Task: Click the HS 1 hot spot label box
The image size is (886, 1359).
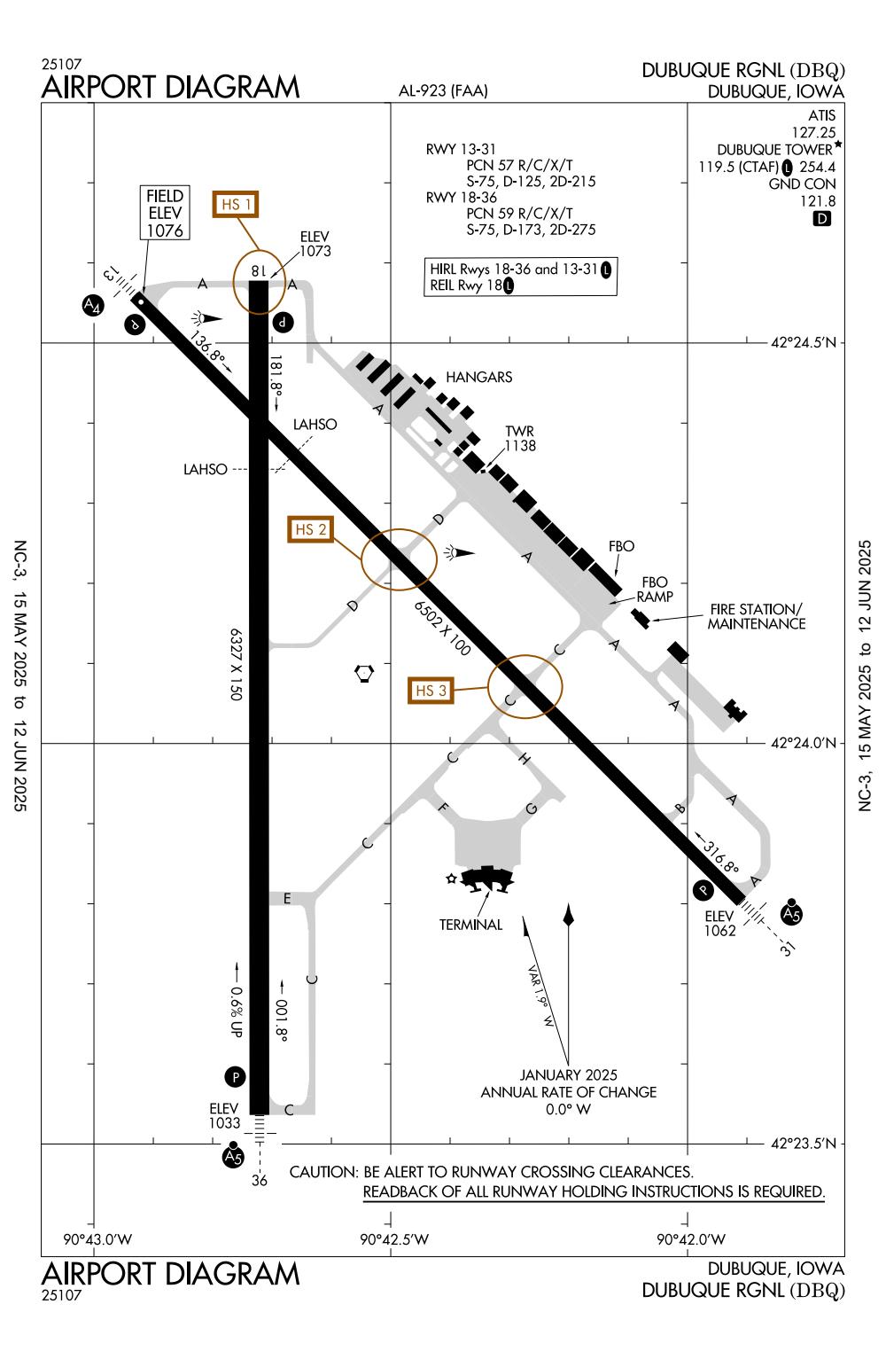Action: tap(237, 205)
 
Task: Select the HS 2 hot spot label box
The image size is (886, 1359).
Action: tap(311, 529)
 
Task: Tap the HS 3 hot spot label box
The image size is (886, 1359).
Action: tap(431, 690)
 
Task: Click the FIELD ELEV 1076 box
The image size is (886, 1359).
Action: tap(166, 213)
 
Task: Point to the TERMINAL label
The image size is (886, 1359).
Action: tap(470, 925)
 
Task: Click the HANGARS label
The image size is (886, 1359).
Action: tap(478, 377)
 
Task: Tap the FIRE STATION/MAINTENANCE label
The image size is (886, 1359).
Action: tap(756, 616)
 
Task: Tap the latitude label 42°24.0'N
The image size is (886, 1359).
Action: tap(803, 743)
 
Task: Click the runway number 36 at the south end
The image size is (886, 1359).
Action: tap(259, 1181)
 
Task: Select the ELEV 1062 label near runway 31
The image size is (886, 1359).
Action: tap(719, 923)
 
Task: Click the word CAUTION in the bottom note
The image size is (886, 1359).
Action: tap(323, 1172)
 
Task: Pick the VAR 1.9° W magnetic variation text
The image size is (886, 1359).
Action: tap(540, 996)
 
